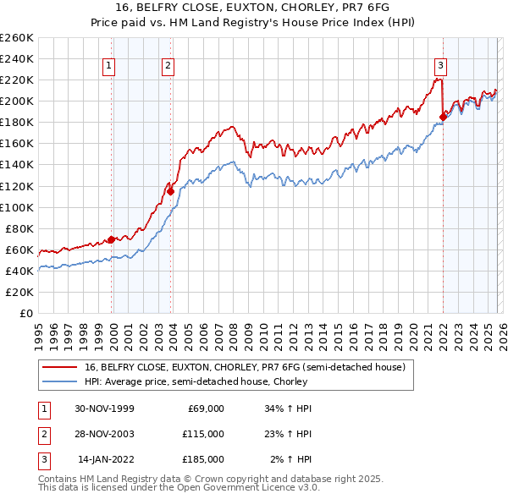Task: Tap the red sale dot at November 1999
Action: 111,239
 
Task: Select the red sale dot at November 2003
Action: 171,191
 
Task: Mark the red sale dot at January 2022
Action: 443,117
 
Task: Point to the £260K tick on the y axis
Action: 16,38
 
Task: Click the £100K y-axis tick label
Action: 16,207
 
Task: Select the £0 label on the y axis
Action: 26,313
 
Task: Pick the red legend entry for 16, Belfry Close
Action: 246,367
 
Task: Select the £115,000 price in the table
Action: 204,434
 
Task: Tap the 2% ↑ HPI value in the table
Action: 290,459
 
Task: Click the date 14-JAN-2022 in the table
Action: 105,459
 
